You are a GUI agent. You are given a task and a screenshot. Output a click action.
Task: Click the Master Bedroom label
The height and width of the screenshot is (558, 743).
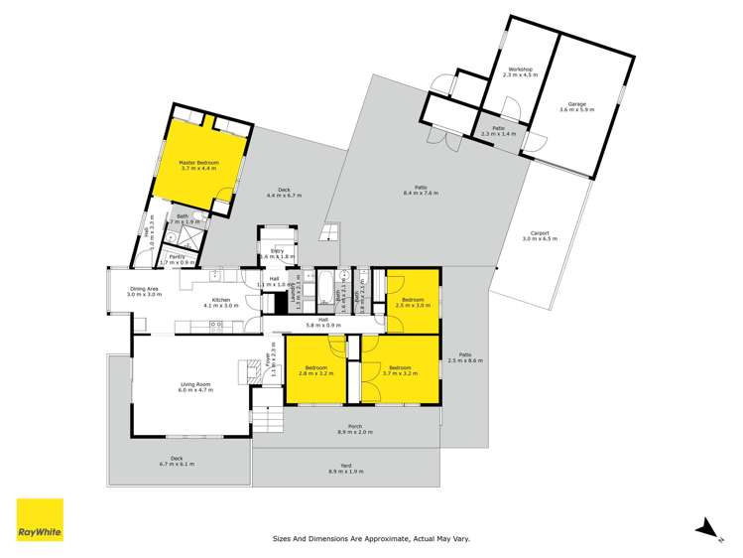pyautogui.click(x=198, y=166)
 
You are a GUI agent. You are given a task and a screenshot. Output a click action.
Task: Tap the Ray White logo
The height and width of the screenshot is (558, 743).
pyautogui.click(x=40, y=520)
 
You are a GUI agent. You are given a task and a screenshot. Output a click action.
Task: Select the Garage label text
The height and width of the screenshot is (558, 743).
pyautogui.click(x=576, y=106)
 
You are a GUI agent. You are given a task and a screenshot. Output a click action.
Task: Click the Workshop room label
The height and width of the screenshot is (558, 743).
pyautogui.click(x=519, y=72)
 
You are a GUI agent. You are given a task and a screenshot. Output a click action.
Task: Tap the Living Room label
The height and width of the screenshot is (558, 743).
pyautogui.click(x=195, y=387)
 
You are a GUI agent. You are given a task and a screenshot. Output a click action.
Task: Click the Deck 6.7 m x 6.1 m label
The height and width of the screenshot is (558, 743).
pyautogui.click(x=176, y=461)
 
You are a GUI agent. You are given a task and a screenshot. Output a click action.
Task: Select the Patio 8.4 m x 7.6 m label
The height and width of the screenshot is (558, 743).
pyautogui.click(x=421, y=191)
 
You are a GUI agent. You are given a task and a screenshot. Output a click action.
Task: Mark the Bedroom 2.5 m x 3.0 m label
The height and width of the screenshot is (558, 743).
pyautogui.click(x=412, y=303)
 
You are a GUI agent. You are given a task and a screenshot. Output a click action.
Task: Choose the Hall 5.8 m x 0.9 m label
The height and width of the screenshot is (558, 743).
pyautogui.click(x=323, y=323)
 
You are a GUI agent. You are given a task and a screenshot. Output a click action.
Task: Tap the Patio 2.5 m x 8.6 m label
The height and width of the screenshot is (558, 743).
pyautogui.click(x=464, y=357)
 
